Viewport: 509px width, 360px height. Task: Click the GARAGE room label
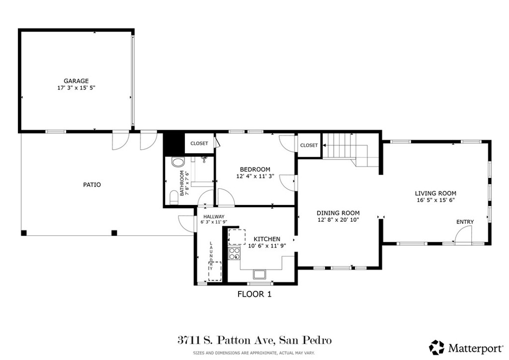76,81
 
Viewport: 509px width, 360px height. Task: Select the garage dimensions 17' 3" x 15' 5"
76,88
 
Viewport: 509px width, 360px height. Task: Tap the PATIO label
92,184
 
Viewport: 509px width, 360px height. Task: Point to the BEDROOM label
255,169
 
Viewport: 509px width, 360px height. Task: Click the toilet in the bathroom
177,162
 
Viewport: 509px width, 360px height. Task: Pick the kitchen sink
259,273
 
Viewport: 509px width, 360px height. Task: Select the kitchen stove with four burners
234,255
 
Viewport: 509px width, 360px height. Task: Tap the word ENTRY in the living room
465,222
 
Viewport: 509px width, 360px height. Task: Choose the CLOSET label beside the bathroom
199,143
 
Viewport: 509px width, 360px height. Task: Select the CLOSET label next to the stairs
309,145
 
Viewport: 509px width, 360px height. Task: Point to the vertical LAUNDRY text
211,256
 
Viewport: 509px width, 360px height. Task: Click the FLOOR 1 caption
254,294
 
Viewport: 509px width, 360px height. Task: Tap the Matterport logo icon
437,347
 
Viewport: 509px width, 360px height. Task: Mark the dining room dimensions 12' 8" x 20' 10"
338,219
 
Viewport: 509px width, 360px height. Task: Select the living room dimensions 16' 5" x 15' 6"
435,200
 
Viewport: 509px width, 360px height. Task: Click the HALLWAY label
213,216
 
